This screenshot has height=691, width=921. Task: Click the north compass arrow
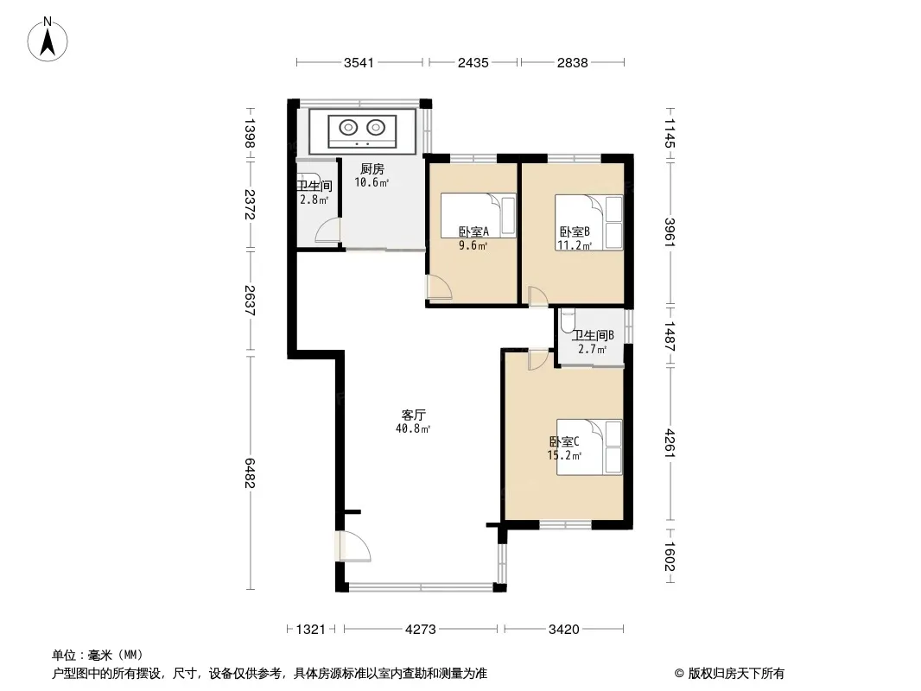click(48, 41)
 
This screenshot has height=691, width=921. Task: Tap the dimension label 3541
click(359, 62)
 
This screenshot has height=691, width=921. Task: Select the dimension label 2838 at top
click(572, 62)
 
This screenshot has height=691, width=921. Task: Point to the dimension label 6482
click(251, 473)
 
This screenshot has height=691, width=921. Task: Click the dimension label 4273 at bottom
click(421, 630)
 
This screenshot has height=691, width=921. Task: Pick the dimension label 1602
click(670, 556)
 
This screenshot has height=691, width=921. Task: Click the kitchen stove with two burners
click(362, 131)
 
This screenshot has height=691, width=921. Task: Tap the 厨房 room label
click(372, 169)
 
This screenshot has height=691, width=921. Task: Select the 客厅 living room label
click(413, 415)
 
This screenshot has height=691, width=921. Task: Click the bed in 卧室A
click(478, 215)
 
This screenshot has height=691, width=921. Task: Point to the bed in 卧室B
click(588, 223)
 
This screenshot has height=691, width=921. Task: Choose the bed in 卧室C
click(589, 447)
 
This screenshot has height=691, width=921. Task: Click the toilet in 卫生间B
click(566, 320)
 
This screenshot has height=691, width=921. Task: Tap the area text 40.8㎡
click(413, 428)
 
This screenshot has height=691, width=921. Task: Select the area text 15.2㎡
click(564, 455)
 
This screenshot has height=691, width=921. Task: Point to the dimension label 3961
click(670, 231)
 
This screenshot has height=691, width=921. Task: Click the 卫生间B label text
click(594, 335)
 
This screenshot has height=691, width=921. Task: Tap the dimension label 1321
click(311, 630)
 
